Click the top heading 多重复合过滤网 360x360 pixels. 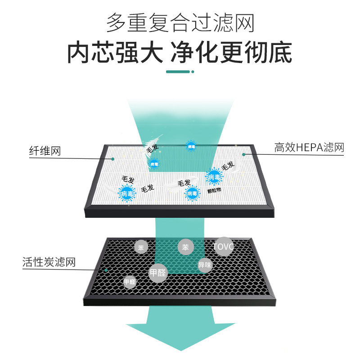point(180,22)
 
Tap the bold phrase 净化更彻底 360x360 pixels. point(231,53)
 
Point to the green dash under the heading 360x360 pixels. point(179,71)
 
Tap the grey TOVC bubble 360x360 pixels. point(224,247)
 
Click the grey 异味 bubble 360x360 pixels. point(204,265)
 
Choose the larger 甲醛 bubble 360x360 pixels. point(158,273)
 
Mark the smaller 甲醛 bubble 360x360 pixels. point(130,282)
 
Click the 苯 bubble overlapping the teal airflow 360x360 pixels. point(185,247)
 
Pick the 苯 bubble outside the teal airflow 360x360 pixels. point(141,247)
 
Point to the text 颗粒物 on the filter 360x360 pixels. point(214,190)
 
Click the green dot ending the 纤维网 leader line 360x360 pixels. point(113,159)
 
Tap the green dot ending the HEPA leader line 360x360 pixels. point(243,154)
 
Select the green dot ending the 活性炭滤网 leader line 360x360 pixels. point(105,270)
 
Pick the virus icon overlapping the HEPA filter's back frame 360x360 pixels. point(191,146)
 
